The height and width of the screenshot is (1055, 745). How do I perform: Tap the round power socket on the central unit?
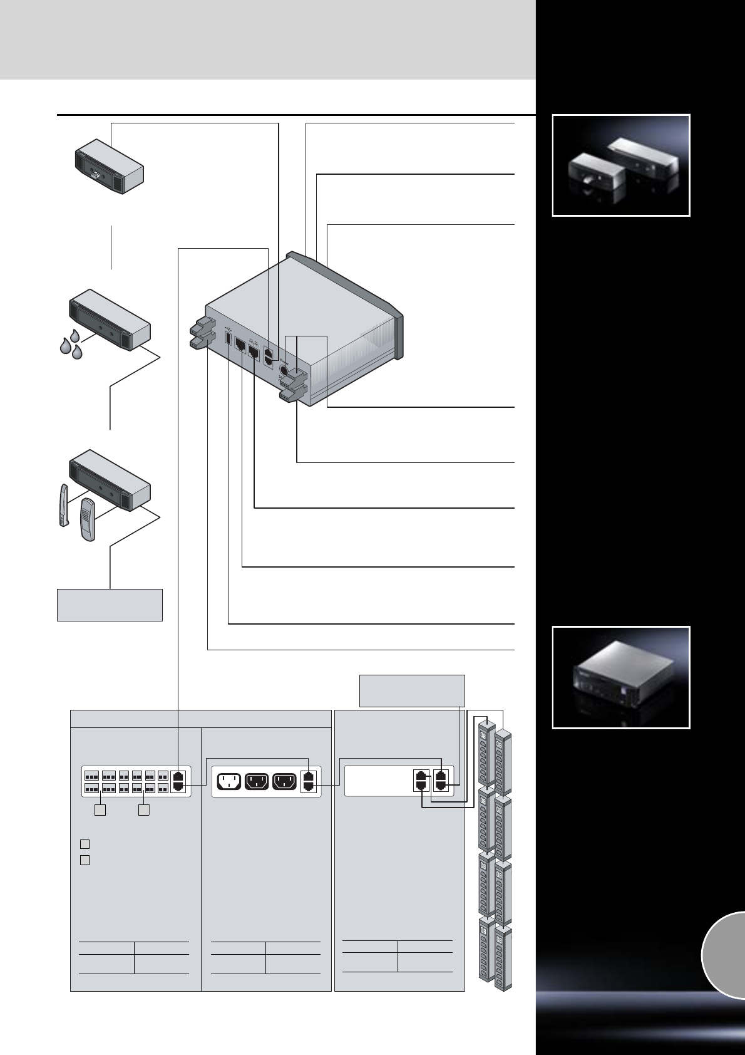[284, 369]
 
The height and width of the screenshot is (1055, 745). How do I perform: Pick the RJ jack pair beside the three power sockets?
[309, 782]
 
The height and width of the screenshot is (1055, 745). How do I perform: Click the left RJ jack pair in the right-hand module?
[421, 781]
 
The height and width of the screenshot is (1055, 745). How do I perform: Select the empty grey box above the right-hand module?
[412, 690]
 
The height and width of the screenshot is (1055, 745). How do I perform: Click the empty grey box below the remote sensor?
[110, 605]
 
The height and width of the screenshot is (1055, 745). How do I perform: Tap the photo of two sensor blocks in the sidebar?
[620, 165]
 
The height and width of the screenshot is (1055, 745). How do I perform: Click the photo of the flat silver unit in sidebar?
[620, 677]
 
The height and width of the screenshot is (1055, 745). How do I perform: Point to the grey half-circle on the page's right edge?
[724, 954]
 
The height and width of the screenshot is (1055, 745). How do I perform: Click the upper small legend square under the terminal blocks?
[85, 843]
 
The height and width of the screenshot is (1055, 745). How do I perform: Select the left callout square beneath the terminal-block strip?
[100, 810]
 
